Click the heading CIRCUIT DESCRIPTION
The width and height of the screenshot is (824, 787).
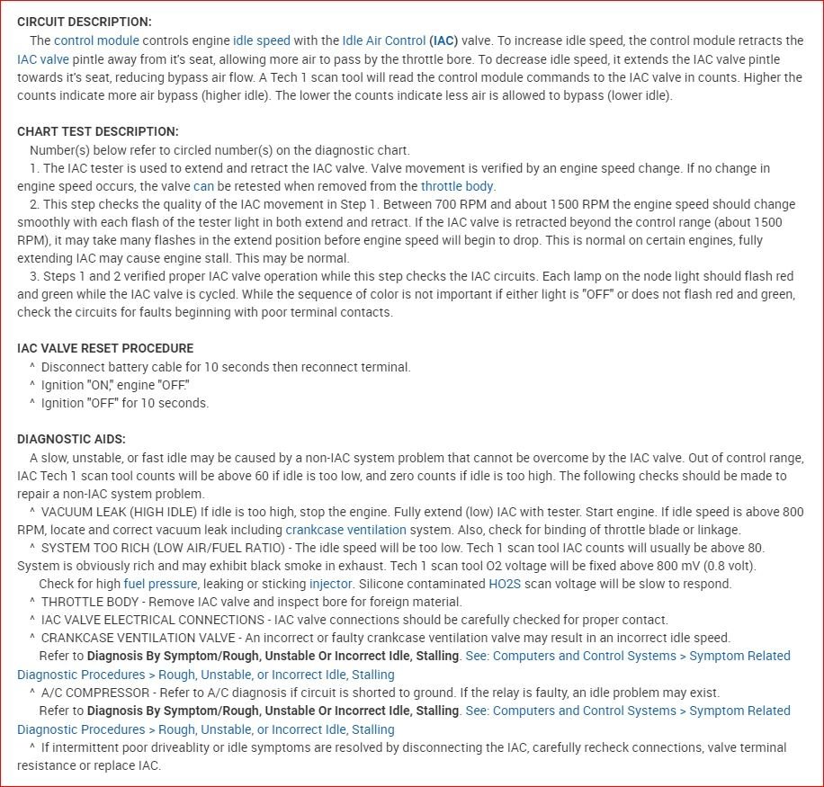85,22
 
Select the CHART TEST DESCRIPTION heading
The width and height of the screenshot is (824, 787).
98,131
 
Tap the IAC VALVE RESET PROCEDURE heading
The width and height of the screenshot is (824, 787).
105,348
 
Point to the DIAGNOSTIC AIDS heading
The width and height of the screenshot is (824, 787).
72,439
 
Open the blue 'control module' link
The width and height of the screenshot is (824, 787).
96,40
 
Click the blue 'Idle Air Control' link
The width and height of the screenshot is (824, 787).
383,40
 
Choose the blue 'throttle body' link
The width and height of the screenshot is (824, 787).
457,186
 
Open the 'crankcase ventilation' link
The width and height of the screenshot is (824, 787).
345,530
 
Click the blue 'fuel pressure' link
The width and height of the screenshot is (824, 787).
160,584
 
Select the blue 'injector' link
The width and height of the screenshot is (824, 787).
330,584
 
